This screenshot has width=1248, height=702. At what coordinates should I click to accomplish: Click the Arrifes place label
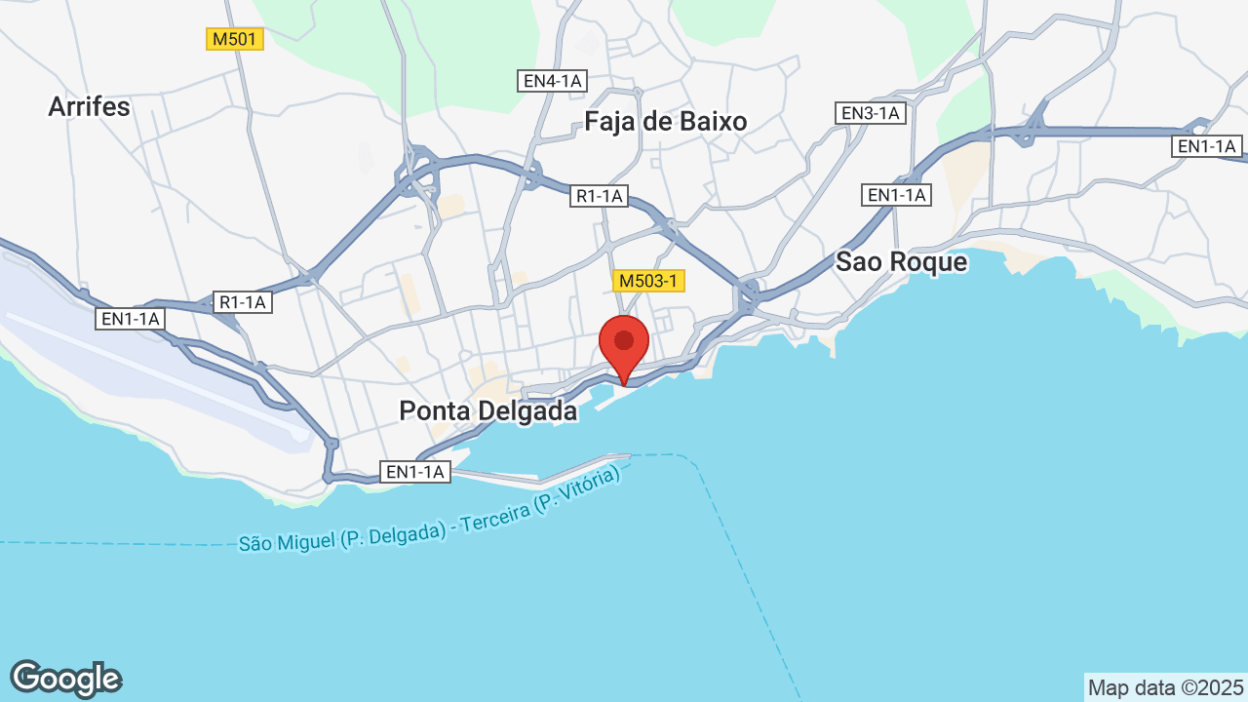click(89, 106)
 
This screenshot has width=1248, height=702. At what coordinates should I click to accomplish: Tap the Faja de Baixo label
click(666, 121)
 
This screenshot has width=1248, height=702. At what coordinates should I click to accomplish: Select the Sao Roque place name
click(902, 262)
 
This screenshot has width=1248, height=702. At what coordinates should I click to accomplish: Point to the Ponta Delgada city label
click(488, 411)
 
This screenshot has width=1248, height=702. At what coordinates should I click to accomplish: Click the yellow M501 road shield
click(235, 39)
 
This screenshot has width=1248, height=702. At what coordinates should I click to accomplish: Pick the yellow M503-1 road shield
click(649, 281)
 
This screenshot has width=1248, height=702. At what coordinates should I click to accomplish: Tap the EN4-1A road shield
click(552, 81)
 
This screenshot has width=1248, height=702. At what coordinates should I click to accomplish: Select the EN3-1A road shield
click(872, 113)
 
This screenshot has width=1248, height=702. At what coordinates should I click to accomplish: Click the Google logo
click(65, 679)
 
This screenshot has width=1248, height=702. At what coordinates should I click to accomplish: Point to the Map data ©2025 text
click(1166, 687)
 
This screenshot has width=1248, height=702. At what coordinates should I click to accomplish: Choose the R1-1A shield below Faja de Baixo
click(599, 196)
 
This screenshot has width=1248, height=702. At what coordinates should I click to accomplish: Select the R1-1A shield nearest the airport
click(243, 302)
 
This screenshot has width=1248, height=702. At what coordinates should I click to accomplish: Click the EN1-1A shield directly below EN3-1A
click(897, 195)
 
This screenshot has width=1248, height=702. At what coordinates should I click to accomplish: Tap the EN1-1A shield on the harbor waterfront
click(415, 473)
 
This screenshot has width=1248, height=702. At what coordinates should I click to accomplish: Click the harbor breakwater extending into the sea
click(575, 469)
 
